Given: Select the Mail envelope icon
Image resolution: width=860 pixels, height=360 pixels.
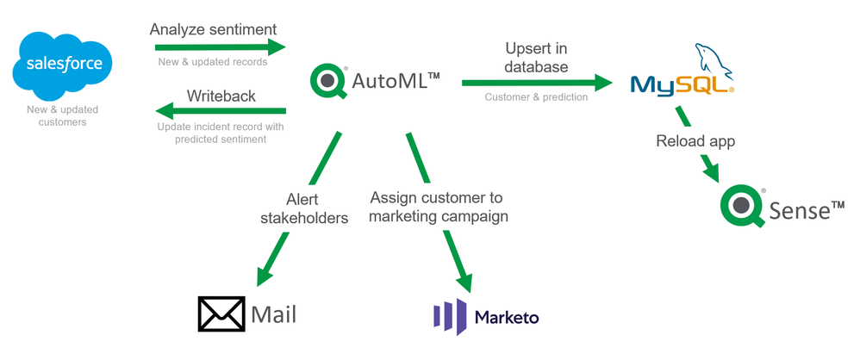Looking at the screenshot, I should [x=222, y=314].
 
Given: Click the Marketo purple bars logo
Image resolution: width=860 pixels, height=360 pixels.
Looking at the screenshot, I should [x=449, y=316].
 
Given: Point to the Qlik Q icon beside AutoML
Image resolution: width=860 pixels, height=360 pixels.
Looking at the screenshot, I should [x=328, y=82].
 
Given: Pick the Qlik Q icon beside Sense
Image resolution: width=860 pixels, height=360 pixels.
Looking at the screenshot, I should [x=744, y=208].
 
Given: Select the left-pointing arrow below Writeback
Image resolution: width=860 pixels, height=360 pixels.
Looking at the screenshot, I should [x=220, y=111].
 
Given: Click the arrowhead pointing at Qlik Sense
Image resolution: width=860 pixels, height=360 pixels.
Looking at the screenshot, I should [x=712, y=172].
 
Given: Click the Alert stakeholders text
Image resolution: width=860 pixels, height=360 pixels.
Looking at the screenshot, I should [x=304, y=209].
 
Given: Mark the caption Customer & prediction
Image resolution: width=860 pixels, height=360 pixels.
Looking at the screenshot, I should [x=536, y=97].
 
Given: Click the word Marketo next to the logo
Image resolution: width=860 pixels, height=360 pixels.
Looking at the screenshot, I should [x=507, y=317].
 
